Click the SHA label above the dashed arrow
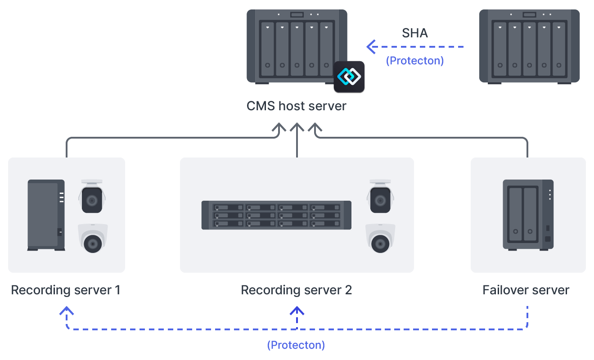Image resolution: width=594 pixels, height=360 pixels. (x=414, y=33)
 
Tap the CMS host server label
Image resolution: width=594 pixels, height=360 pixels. (x=297, y=106)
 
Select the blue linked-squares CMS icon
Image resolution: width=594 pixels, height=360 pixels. (x=349, y=76)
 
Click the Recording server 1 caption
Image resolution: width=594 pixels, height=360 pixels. (x=66, y=290)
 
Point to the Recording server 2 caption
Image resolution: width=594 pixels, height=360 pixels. (x=296, y=290)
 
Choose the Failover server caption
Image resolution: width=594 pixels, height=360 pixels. (x=526, y=290)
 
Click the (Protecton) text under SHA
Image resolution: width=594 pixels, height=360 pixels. (x=414, y=61)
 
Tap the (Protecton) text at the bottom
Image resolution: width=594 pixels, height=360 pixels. (x=296, y=345)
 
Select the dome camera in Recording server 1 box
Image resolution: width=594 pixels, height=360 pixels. (x=93, y=238)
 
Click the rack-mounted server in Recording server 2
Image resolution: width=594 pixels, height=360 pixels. (x=276, y=215)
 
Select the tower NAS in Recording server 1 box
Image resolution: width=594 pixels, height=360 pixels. (x=46, y=215)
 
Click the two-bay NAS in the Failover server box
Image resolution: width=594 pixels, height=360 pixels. (x=528, y=215)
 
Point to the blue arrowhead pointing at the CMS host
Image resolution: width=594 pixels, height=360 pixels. (x=371, y=46)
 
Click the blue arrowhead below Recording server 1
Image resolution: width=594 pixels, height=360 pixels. (x=67, y=311)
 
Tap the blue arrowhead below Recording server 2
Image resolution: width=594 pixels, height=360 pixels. (x=297, y=311)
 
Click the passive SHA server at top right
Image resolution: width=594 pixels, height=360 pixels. (x=529, y=46)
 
